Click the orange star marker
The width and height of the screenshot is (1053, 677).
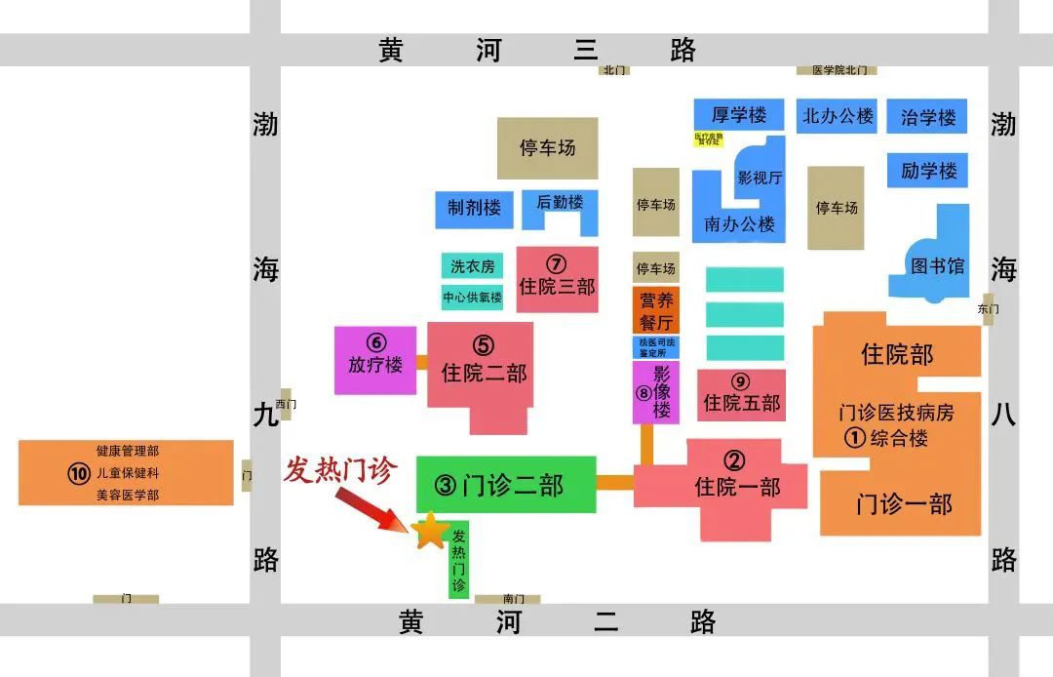click(x=430, y=531)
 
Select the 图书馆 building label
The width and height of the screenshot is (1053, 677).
click(x=936, y=265)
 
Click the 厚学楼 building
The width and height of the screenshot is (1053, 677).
click(x=738, y=115)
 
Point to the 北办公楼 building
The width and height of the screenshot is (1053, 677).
click(x=838, y=116)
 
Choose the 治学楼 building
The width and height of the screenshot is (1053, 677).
click(x=927, y=118)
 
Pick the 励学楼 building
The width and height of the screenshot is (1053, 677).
click(x=927, y=171)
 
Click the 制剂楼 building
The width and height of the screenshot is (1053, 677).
click(x=474, y=208)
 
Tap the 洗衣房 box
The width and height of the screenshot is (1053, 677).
click(x=472, y=266)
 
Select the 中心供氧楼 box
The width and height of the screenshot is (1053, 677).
click(x=472, y=298)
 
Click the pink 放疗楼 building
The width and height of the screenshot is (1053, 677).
click(x=375, y=359)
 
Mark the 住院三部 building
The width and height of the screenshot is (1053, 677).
click(x=556, y=279)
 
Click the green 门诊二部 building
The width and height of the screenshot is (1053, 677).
click(x=505, y=485)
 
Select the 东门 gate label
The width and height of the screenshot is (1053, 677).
click(x=988, y=308)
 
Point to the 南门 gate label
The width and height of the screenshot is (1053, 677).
click(x=513, y=598)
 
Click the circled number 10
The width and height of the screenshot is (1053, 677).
click(x=79, y=474)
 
